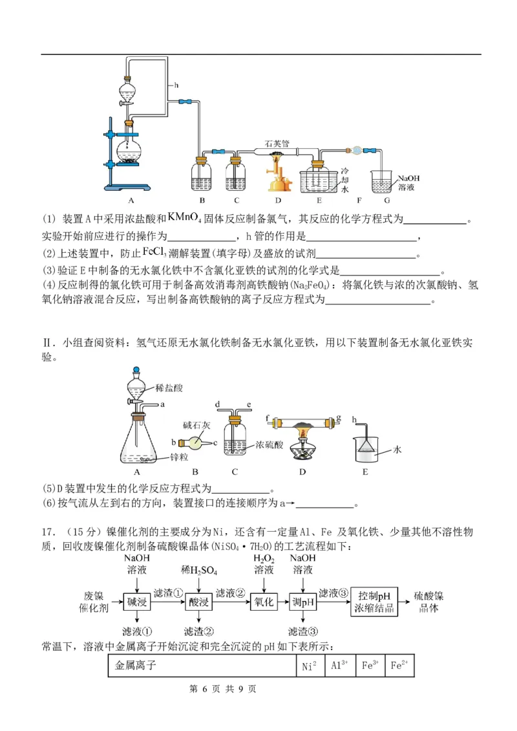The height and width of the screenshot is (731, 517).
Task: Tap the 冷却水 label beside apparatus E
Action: [344, 179]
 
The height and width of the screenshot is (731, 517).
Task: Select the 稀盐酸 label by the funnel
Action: [169, 388]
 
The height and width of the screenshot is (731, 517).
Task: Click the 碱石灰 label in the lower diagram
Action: [196, 425]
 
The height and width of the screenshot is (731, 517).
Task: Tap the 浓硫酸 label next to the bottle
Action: [269, 445]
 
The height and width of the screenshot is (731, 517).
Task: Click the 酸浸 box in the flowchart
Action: [199, 602]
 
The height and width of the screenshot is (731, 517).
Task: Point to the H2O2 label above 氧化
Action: [264, 558]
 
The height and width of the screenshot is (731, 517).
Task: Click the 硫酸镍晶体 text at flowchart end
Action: [428, 602]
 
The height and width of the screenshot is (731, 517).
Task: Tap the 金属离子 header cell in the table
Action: [136, 665]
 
